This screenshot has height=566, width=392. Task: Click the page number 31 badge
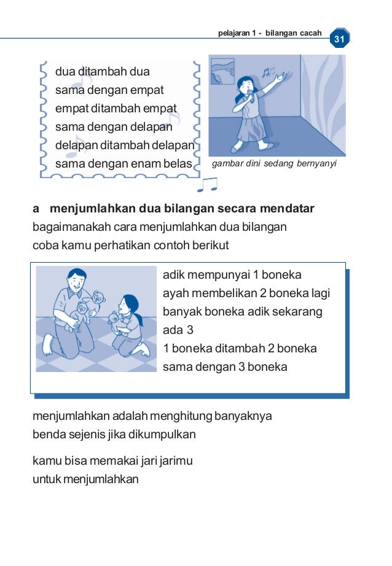pyautogui.click(x=340, y=38)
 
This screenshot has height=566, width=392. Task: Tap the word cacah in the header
pyautogui.click(x=311, y=33)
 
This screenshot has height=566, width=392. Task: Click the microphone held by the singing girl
pyautogui.click(x=250, y=96)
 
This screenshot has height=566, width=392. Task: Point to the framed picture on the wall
pyautogui.click(x=222, y=71)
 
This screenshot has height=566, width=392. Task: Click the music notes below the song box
pyautogui.click(x=208, y=184)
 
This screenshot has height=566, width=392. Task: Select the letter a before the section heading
pyautogui.click(x=36, y=209)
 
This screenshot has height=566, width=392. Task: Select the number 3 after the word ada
pyautogui.click(x=190, y=330)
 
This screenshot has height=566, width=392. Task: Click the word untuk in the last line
pyautogui.click(x=47, y=479)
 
